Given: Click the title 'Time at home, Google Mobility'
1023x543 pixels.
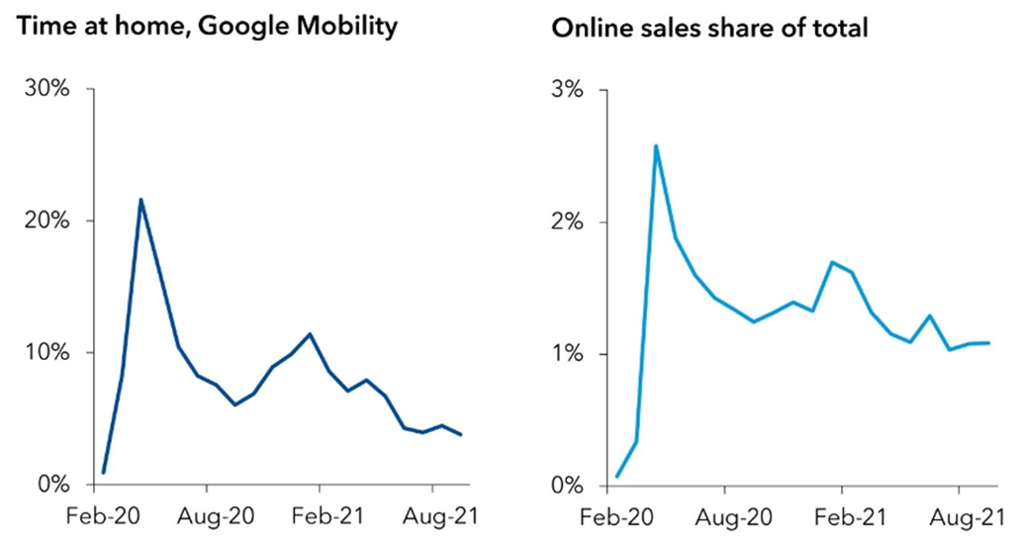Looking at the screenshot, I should click(x=207, y=27).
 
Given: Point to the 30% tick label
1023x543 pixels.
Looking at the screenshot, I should click(x=46, y=89).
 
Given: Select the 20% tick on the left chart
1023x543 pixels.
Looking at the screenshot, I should click(x=46, y=221).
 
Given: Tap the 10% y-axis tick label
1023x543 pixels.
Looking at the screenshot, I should click(x=46, y=353).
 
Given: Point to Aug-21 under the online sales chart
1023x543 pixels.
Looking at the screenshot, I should click(x=959, y=516).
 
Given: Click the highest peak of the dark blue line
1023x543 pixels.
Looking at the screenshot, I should click(x=140, y=199).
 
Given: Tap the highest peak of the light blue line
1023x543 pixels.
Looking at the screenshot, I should click(x=656, y=145).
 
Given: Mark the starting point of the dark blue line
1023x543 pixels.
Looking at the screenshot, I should click(x=103, y=473).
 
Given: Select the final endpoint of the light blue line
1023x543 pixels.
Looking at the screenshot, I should click(x=989, y=343).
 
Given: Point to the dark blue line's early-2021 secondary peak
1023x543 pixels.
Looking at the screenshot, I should click(x=311, y=333).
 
